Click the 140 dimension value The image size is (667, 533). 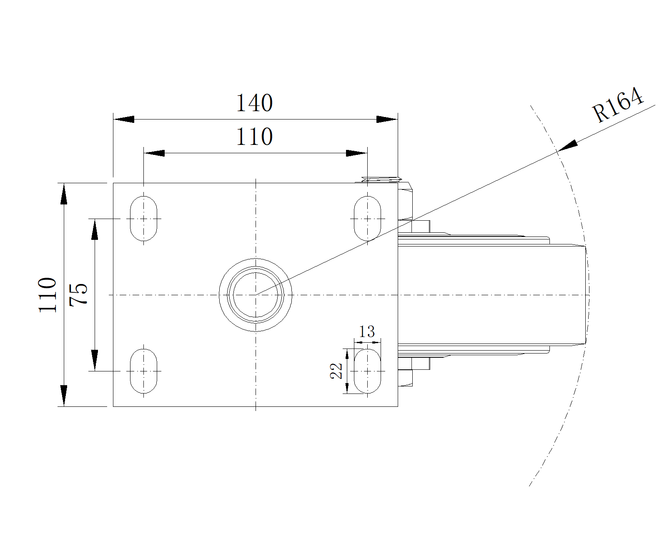click(x=254, y=103)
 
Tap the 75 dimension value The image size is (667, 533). click(x=79, y=294)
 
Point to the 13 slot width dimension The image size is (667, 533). click(x=367, y=332)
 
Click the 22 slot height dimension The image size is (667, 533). click(x=336, y=371)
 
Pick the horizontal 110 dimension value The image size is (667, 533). click(x=254, y=137)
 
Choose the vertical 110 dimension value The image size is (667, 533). click(x=48, y=294)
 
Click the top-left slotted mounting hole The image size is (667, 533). click(x=144, y=219)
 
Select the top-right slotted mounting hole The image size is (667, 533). click(x=367, y=219)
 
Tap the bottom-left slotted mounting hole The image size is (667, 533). click(x=144, y=371)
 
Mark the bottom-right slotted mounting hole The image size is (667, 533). click(x=367, y=371)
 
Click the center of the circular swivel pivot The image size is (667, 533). click(x=256, y=295)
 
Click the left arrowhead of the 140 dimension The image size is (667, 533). click(x=124, y=120)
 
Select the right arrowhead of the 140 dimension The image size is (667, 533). click(x=387, y=120)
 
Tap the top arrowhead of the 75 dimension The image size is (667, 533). click(x=95, y=229)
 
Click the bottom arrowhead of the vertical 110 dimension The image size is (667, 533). click(x=63, y=395)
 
